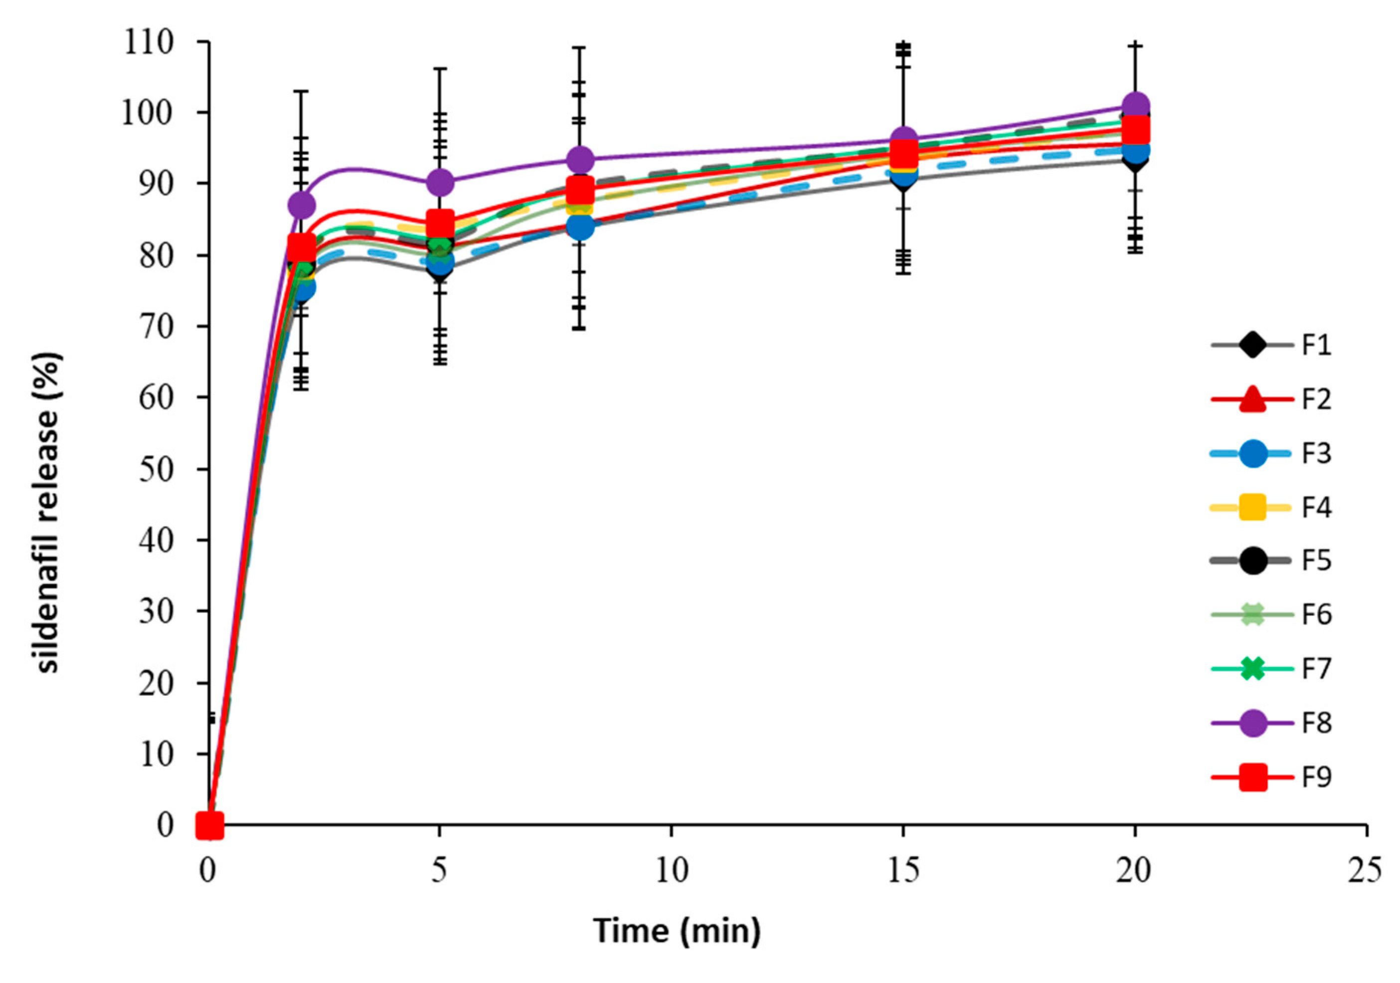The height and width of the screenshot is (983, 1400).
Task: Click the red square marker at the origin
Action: pyautogui.click(x=209, y=826)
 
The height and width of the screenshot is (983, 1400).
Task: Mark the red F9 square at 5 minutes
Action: pyautogui.click(x=440, y=223)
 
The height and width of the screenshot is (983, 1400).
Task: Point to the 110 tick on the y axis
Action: pyautogui.click(x=148, y=43)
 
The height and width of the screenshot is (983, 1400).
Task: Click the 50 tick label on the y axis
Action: pyautogui.click(x=156, y=469)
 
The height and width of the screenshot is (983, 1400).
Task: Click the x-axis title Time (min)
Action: pyautogui.click(x=678, y=931)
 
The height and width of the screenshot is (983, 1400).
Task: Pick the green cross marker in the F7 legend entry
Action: pyautogui.click(x=1252, y=669)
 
